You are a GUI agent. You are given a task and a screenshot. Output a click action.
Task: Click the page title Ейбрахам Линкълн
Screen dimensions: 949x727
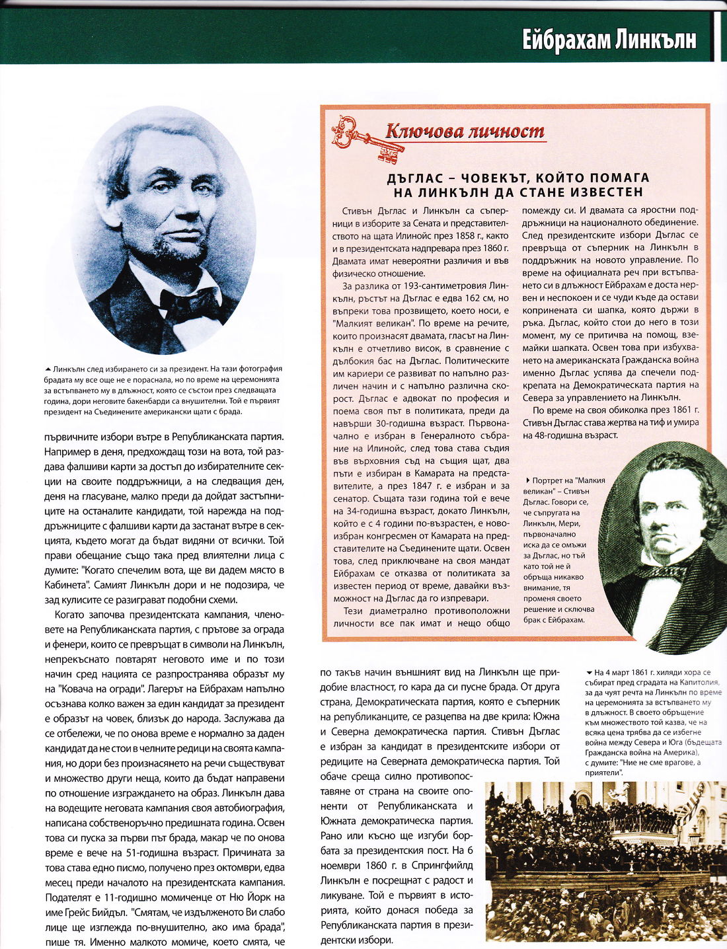(609, 40)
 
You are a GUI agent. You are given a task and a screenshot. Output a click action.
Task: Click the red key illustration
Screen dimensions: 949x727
(367, 138)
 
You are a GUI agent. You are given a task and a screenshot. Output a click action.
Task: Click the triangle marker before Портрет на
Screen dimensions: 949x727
(527, 480)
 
